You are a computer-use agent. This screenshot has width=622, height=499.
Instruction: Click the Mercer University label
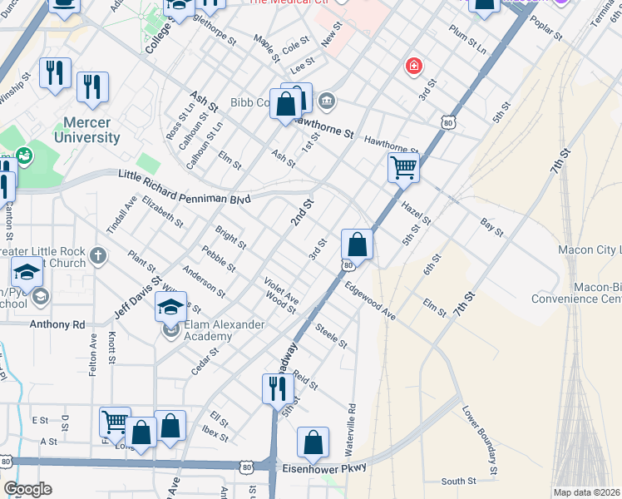click(x=86, y=130)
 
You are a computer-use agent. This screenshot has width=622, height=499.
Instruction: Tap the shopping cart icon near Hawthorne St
click(x=403, y=167)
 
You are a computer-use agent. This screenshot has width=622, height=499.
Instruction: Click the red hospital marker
click(x=412, y=66)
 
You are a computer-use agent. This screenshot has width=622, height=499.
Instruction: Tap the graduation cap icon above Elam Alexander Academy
click(x=171, y=307)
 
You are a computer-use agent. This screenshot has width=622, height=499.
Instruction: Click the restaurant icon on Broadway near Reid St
click(x=277, y=388)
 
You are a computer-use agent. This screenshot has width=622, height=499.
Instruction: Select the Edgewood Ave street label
click(x=371, y=300)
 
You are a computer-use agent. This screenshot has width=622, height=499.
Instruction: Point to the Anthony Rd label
click(x=57, y=324)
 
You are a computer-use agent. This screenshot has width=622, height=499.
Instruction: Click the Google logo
click(x=27, y=490)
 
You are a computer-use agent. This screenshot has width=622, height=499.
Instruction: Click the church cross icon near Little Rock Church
click(x=99, y=254)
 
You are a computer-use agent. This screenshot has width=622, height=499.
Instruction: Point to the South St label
click(x=458, y=481)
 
